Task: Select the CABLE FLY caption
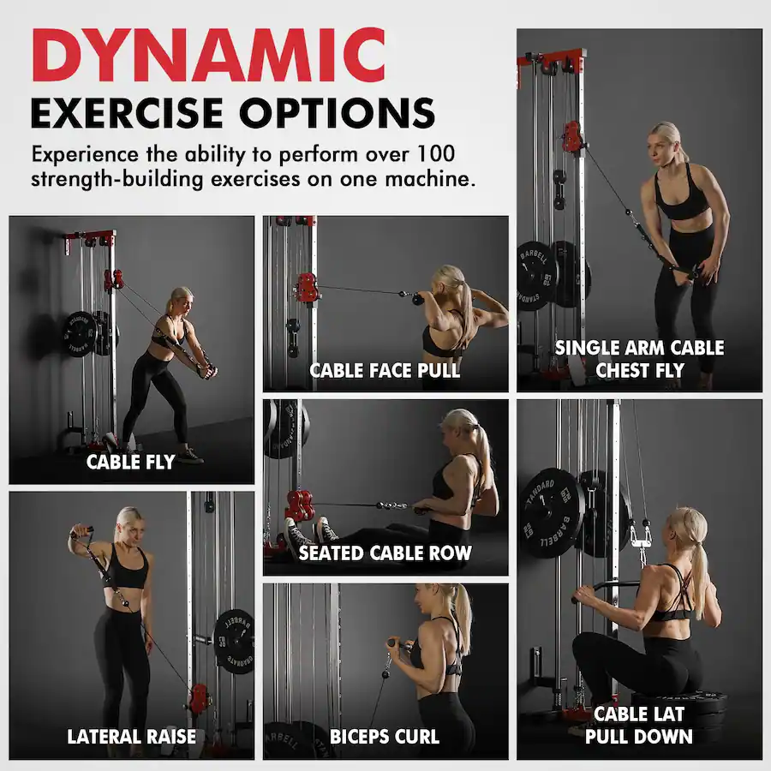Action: tap(130, 463)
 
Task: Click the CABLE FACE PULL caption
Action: tap(385, 371)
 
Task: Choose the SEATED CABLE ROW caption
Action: tap(385, 553)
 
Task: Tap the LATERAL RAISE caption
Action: tap(132, 737)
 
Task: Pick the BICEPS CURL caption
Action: tap(385, 737)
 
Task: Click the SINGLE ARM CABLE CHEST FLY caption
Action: tap(639, 359)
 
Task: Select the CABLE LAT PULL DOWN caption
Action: tap(639, 725)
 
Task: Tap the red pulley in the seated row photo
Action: tap(299, 505)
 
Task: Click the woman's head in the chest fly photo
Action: tap(666, 141)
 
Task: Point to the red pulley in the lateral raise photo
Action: tap(199, 698)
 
